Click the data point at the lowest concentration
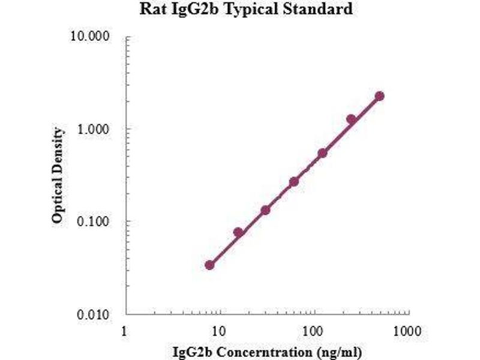point(209,265)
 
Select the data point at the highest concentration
point(379,96)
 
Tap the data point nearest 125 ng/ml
point(322,153)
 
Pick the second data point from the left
point(238,232)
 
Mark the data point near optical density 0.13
point(265,210)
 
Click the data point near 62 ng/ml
point(294,182)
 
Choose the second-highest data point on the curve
point(351,119)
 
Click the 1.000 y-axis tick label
point(95,129)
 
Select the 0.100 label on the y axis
point(95,221)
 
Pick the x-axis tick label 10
point(220,331)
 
